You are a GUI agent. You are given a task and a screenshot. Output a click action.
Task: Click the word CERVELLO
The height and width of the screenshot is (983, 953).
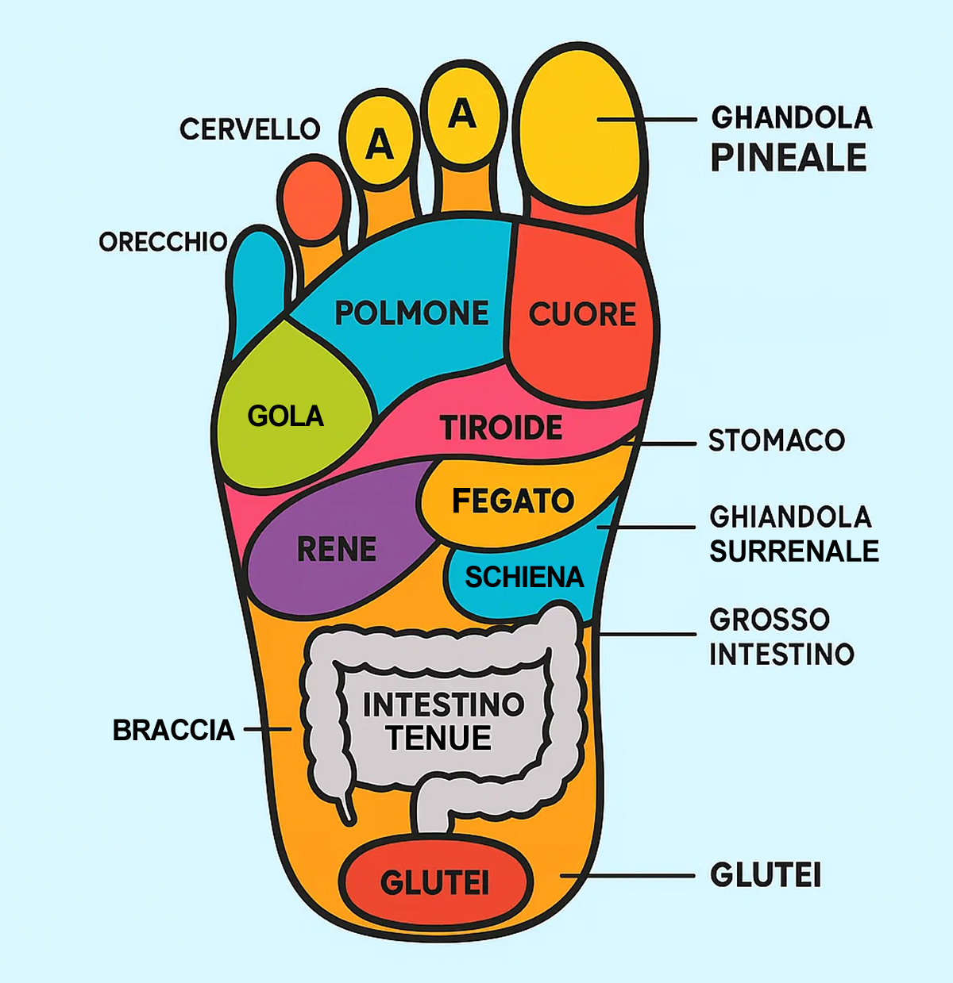249,129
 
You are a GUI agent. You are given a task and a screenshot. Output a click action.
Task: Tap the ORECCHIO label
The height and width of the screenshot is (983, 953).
163,242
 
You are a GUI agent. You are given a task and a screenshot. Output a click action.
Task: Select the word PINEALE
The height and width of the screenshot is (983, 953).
789,158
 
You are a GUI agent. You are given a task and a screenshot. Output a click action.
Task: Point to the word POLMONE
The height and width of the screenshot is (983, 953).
411,313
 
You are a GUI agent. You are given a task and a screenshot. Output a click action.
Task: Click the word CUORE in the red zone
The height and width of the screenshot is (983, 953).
582,313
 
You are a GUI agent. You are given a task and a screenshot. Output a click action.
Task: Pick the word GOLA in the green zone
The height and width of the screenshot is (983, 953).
285,417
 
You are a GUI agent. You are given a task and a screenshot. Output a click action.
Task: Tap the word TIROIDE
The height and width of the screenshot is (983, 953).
501,428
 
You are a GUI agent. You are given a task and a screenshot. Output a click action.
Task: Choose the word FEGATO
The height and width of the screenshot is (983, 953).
513,501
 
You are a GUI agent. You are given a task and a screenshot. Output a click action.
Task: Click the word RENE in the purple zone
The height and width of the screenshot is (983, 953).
337,549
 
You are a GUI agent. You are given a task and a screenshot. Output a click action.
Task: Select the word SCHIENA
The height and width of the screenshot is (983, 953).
524,577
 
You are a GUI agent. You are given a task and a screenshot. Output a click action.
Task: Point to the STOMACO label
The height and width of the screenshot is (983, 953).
777,440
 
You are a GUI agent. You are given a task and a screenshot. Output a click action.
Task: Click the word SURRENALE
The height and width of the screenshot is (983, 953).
793,551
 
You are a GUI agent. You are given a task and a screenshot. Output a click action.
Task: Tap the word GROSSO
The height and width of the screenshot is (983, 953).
770,620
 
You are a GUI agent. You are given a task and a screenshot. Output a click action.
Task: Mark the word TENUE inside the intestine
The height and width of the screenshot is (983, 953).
439,738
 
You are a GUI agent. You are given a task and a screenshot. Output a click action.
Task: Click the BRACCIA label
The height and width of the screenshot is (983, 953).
173,731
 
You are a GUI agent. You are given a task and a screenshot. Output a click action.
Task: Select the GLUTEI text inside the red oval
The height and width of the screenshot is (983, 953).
434,883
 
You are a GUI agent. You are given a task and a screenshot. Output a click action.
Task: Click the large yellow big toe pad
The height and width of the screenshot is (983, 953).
580,129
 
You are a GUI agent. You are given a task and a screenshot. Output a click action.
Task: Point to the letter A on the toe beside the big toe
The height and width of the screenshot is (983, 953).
462,113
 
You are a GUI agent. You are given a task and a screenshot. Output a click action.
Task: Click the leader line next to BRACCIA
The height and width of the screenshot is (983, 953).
268,729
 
